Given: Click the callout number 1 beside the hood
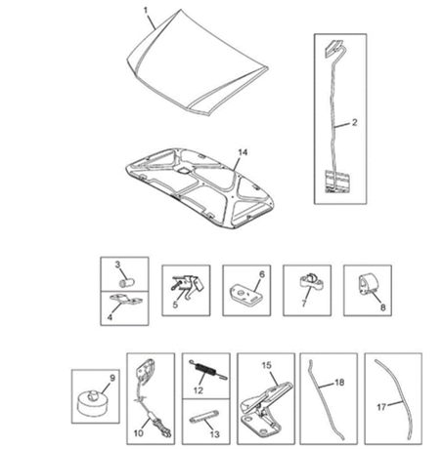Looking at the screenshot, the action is point(146,11).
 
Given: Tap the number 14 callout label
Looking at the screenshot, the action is point(243,152).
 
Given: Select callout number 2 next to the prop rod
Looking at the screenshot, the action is point(354,123).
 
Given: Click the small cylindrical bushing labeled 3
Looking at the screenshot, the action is point(126,283).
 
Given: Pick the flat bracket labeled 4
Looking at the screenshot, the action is point(126,300).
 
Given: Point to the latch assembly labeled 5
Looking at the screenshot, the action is point(190,285).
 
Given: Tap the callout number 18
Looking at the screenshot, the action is point(339,383).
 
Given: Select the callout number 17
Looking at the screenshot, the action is point(381,407).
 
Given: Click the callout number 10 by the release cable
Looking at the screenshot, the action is point(138,433).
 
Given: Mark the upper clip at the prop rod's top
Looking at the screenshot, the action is point(334,46).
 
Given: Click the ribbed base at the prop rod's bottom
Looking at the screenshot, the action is point(337,182).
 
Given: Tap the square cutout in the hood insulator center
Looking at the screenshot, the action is point(183,170).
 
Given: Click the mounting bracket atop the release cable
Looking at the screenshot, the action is point(145,371).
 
